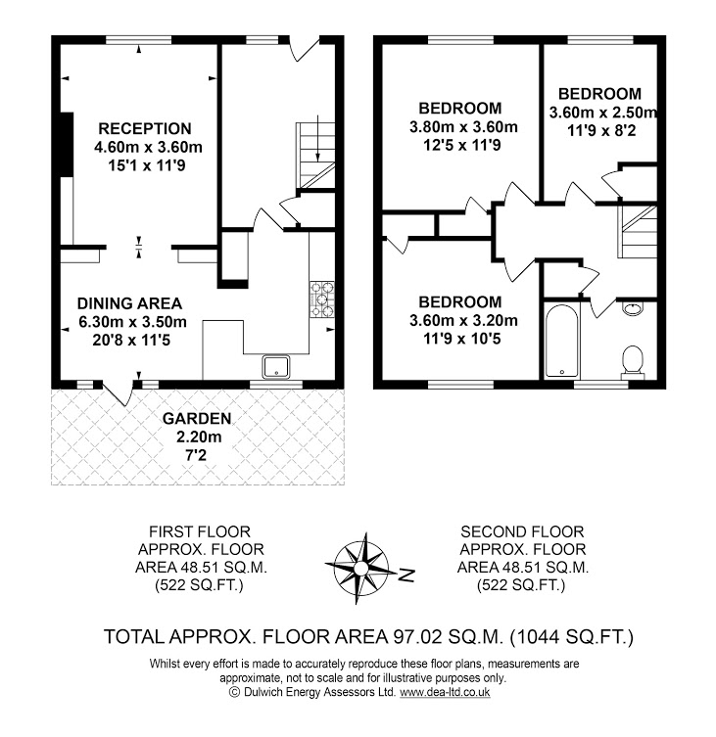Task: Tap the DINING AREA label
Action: [x=130, y=302]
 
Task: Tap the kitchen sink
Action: [x=277, y=367]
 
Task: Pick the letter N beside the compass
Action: [x=407, y=573]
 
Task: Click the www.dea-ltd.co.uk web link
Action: [x=445, y=692]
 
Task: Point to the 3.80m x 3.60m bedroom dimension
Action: [x=460, y=126]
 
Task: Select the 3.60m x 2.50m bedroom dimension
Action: [x=601, y=112]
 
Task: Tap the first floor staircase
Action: [x=314, y=148]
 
